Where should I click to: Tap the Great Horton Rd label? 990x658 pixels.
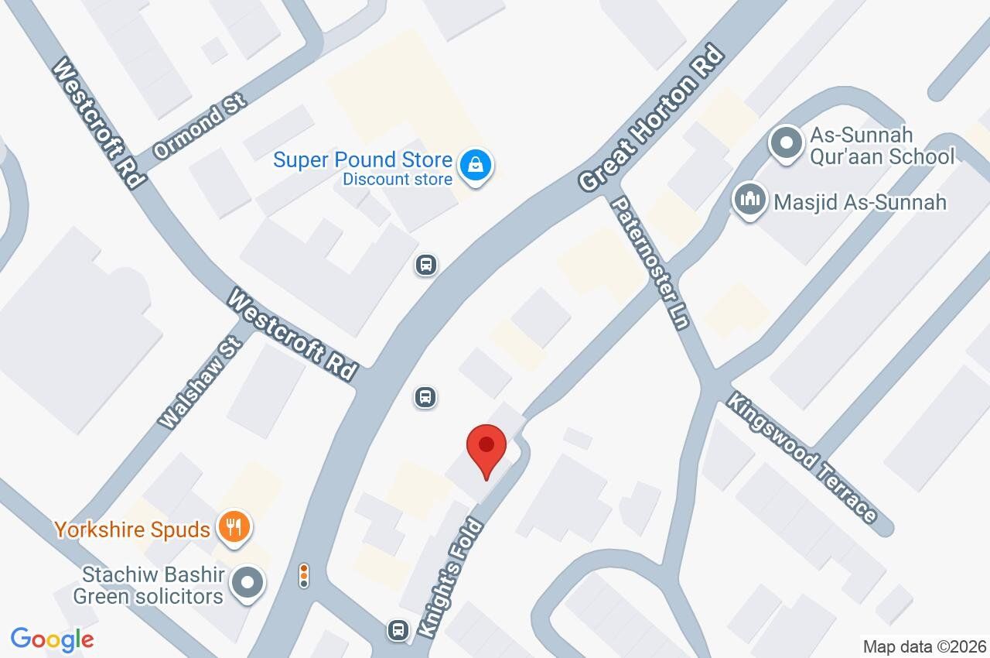pos(652,120)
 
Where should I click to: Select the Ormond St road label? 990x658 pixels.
pos(200,127)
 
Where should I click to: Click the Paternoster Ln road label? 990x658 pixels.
pos(650,263)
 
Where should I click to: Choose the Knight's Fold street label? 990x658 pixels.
pos(450,578)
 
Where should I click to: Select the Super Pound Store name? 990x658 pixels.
pos(362,160)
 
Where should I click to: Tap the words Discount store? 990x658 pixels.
pos(398,180)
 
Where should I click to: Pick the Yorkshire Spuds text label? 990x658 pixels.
pos(132,530)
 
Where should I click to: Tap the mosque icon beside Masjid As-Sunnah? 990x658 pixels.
pos(749,201)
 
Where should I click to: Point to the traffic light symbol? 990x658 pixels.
pos(304,575)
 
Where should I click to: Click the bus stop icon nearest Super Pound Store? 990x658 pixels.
pos(425,265)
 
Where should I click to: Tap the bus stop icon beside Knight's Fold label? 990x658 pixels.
pos(398,629)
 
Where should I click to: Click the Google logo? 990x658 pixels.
pos(52,640)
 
